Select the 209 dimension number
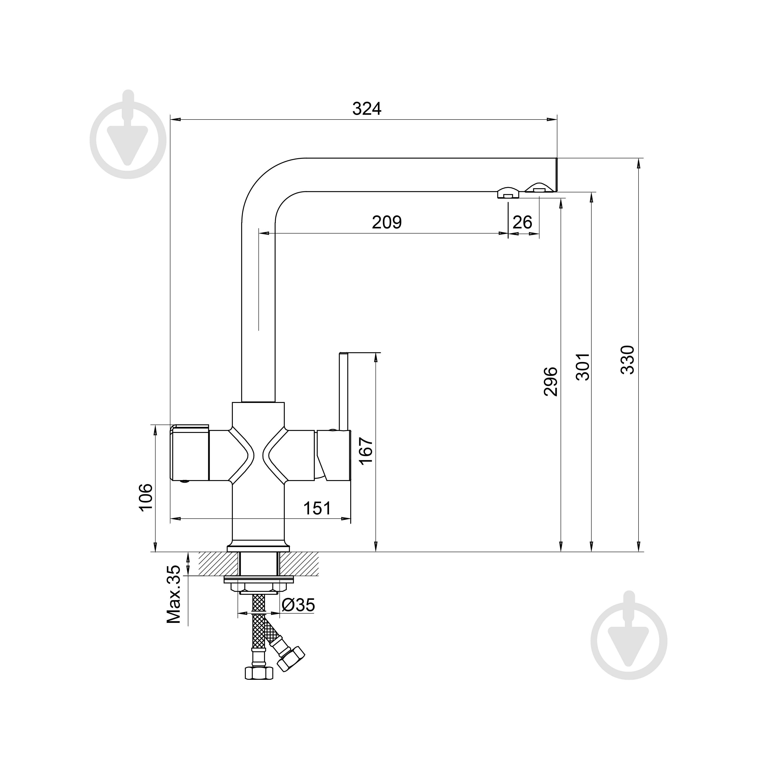pyautogui.click(x=387, y=222)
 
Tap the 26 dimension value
pyautogui.click(x=522, y=222)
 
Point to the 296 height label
pyautogui.click(x=550, y=382)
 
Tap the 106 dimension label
pyautogui.click(x=145, y=497)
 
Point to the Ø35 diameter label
pyautogui.click(x=298, y=605)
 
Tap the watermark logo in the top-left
pyautogui.click(x=128, y=140)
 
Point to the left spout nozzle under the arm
pyautogui.click(x=508, y=193)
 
